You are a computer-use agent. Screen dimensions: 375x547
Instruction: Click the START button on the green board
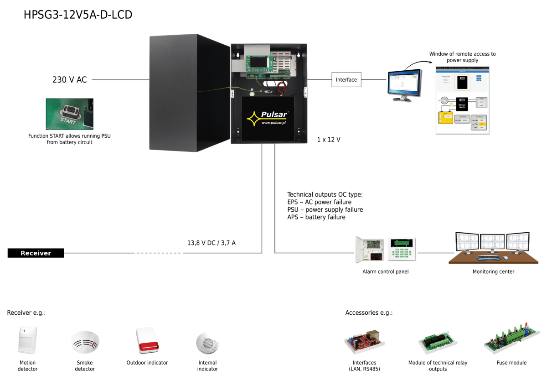pyautogui.click(x=70, y=111)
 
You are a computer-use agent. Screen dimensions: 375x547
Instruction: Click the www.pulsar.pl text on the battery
pyautogui.click(x=273, y=123)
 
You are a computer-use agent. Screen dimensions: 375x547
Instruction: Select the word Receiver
pyautogui.click(x=36, y=253)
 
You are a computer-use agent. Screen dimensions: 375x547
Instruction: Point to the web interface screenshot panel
pyautogui.click(x=462, y=100)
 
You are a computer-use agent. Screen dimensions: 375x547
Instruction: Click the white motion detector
pyautogui.click(x=27, y=339)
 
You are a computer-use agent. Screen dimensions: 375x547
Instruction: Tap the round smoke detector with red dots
pyautogui.click(x=85, y=342)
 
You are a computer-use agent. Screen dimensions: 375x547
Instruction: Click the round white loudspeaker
pyautogui.click(x=207, y=343)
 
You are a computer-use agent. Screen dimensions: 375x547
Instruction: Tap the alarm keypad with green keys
pyautogui.click(x=402, y=249)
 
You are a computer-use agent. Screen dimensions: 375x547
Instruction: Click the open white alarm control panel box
pyautogui.click(x=370, y=249)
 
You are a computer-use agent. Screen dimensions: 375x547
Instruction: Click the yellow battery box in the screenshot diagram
pyautogui.click(x=446, y=117)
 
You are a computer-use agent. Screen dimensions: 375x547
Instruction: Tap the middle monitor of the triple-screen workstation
pyautogui.click(x=492, y=241)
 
